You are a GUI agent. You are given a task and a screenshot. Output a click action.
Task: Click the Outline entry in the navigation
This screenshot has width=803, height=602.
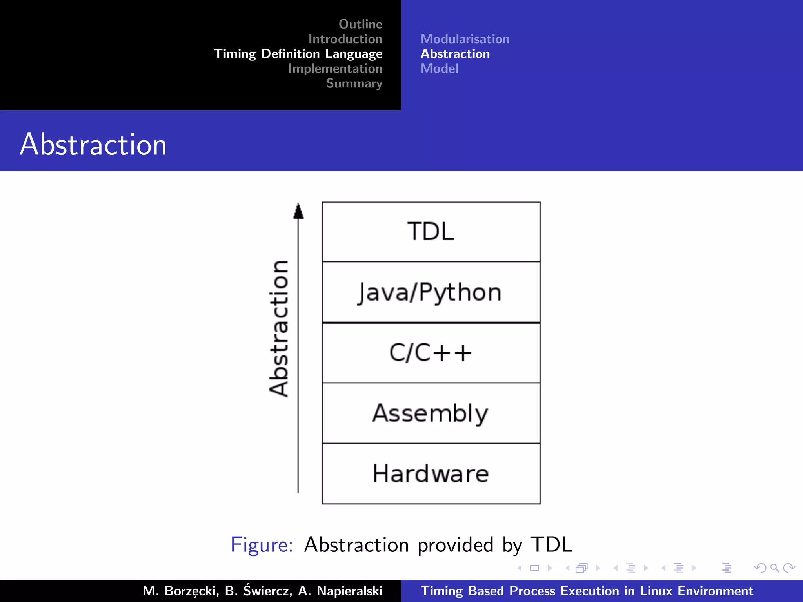pyautogui.click(x=360, y=24)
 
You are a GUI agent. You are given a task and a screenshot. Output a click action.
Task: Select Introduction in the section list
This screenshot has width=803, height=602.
pyautogui.click(x=345, y=39)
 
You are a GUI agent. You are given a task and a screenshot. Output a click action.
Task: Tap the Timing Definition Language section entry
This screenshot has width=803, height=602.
pyautogui.click(x=298, y=54)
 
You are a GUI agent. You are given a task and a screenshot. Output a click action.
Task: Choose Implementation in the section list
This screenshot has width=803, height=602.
pyautogui.click(x=335, y=69)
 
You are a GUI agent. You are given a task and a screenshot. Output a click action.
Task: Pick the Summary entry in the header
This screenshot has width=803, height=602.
pyautogui.click(x=354, y=83)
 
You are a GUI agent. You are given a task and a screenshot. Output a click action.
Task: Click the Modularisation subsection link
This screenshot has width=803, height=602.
pyautogui.click(x=465, y=39)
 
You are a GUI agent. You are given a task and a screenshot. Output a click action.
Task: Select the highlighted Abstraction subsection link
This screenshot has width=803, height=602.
pyautogui.click(x=455, y=54)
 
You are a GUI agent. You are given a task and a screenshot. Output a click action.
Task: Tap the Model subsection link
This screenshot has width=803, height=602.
pyautogui.click(x=439, y=69)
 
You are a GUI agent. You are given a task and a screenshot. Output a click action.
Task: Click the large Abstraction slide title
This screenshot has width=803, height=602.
pyautogui.click(x=93, y=144)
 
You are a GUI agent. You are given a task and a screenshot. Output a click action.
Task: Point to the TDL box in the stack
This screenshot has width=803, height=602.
pyautogui.click(x=431, y=232)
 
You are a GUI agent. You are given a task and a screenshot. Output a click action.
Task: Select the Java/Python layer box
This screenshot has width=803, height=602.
pyautogui.click(x=431, y=292)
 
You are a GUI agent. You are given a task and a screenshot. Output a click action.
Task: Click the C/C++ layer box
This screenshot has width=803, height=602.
pyautogui.click(x=431, y=353)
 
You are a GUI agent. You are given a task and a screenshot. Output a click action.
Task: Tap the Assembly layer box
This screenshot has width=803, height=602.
pyautogui.click(x=431, y=413)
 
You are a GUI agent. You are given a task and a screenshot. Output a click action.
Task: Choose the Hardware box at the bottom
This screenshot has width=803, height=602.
pyautogui.click(x=431, y=473)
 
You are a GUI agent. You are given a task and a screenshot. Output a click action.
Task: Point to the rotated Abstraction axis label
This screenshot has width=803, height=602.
pyautogui.click(x=279, y=328)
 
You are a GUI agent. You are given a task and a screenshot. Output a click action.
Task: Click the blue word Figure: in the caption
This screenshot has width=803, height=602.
pyautogui.click(x=262, y=544)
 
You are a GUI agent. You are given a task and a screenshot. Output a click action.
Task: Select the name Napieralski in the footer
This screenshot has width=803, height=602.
pyautogui.click(x=349, y=591)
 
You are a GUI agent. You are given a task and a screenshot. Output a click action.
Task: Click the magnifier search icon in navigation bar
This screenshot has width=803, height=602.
pyautogui.click(x=774, y=568)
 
